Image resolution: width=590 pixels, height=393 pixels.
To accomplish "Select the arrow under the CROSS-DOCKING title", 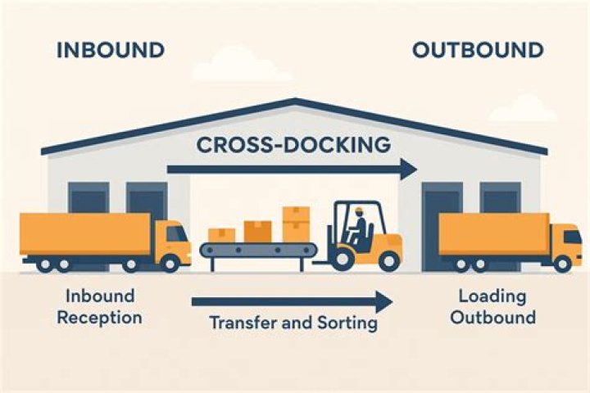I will (292, 170).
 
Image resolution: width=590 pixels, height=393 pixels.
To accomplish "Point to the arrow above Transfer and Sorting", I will (292, 301).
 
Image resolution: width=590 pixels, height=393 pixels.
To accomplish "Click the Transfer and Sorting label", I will (293, 323).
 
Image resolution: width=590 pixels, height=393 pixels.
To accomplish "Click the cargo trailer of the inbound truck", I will (85, 234).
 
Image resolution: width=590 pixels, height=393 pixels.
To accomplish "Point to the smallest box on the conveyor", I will (221, 235).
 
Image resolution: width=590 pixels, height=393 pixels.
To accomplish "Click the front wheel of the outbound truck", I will (563, 264).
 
